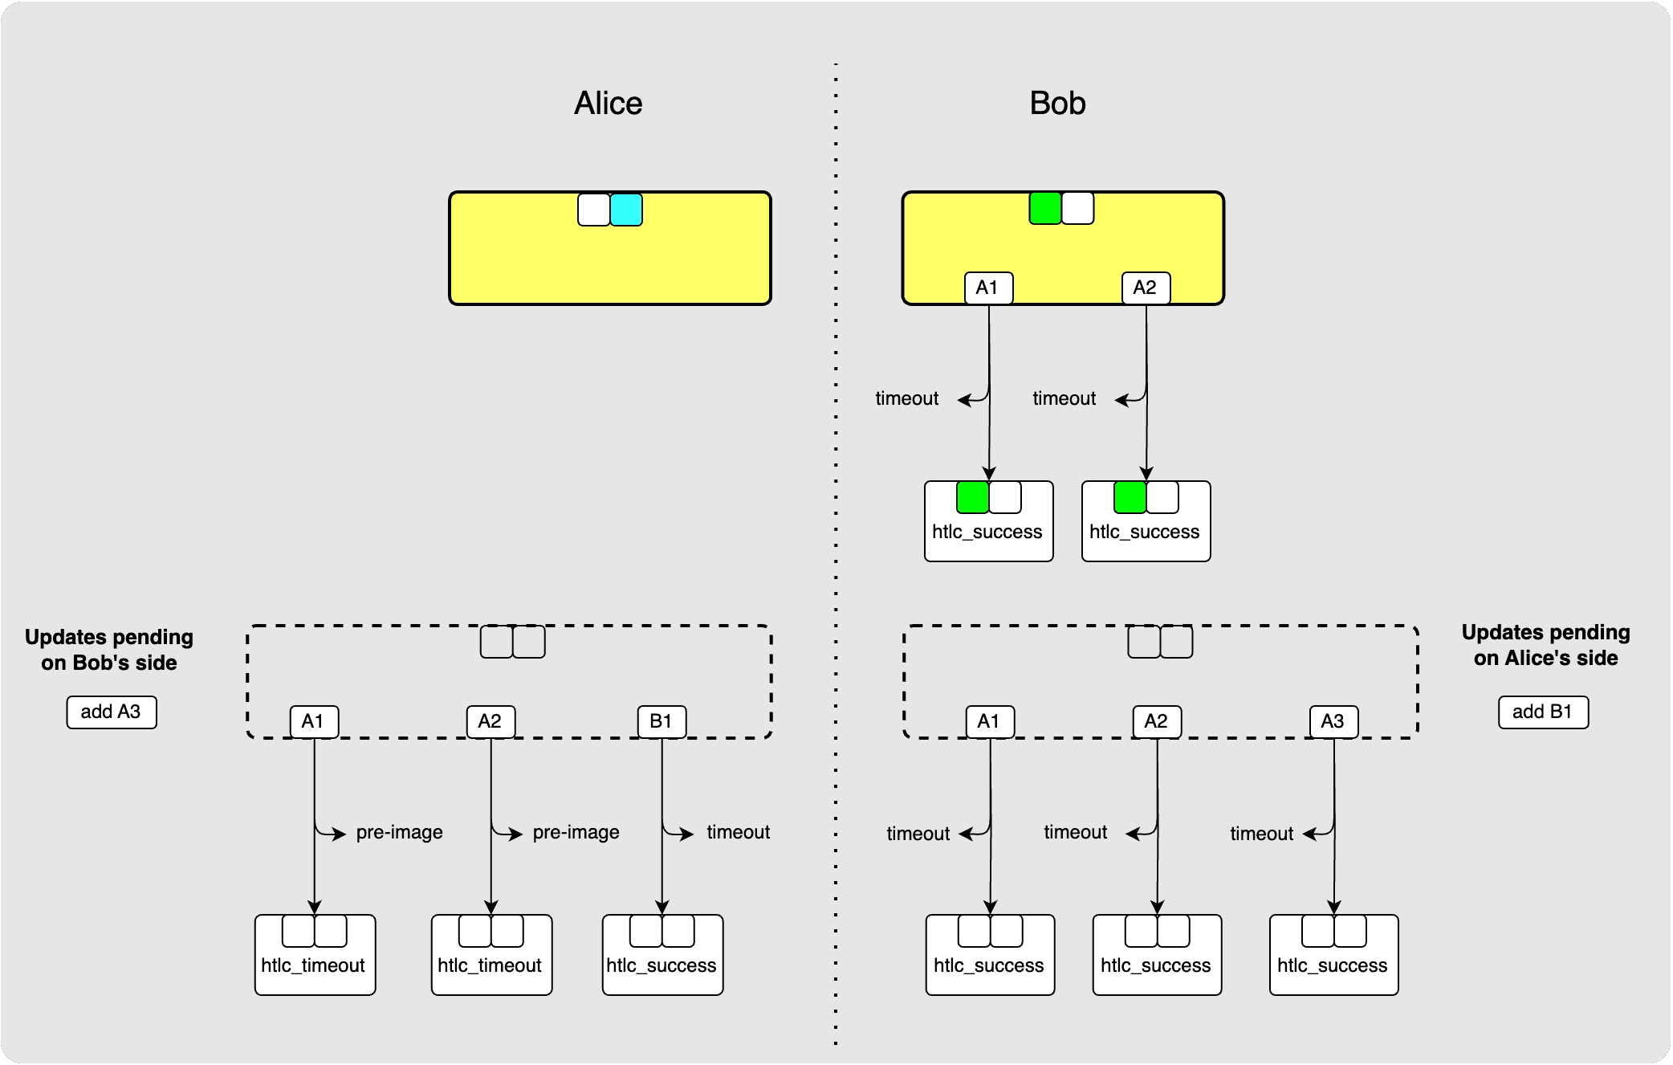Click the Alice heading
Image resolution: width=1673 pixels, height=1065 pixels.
[608, 104]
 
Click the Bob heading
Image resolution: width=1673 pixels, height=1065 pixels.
[1057, 104]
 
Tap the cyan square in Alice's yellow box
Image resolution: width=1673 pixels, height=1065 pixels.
[626, 210]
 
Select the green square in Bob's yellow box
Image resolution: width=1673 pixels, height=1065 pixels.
[1045, 208]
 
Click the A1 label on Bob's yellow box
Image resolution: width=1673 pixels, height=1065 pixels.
[988, 288]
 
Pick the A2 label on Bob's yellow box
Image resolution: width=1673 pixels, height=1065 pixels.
[1146, 288]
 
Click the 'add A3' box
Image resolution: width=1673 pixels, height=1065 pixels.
[111, 712]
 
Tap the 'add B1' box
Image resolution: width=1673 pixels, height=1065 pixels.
[1543, 712]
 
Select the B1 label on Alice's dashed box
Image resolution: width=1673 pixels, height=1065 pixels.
[661, 721]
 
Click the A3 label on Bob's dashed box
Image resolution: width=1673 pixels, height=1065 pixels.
[1333, 721]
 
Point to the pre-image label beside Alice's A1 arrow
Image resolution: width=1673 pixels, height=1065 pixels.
[399, 832]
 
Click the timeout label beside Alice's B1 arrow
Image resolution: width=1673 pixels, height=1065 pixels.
[738, 832]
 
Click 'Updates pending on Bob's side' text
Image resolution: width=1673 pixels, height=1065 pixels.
[109, 650]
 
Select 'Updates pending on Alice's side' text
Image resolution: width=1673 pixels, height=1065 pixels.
[1545, 645]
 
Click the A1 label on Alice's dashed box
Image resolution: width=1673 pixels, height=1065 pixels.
[314, 721]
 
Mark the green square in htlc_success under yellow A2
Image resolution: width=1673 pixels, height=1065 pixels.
[1130, 497]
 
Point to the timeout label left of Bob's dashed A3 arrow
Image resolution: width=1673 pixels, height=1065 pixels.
[1261, 834]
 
